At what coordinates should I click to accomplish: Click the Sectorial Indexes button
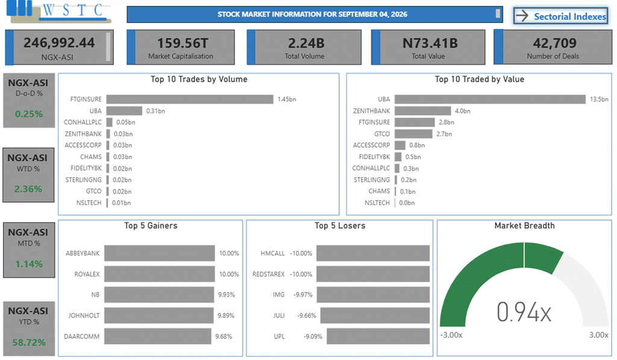point(561,16)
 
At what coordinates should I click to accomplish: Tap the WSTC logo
point(59,12)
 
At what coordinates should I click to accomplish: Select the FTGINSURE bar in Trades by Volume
point(190,99)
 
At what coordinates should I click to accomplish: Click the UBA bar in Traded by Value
point(490,99)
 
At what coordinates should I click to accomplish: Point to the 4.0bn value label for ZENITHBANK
point(463,111)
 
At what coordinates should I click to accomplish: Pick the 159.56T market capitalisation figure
point(183,43)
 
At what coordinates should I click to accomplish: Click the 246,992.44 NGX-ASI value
point(59,43)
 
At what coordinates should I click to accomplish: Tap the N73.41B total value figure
point(430,43)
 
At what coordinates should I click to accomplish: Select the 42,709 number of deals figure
point(555,43)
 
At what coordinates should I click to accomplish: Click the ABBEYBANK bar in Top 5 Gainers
point(159,253)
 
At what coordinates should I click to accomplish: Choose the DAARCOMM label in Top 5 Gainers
point(82,336)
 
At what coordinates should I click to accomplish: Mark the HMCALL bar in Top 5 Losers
point(372,253)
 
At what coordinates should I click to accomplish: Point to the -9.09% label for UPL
point(313,336)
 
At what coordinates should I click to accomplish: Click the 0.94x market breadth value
point(524,312)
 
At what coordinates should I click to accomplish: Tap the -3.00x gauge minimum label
point(451,335)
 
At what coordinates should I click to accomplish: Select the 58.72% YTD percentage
point(29,343)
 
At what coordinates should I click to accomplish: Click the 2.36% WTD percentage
point(28,189)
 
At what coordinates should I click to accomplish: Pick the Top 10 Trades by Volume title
point(199,79)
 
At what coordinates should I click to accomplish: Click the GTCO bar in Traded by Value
point(413,134)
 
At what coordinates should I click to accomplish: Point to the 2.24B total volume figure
point(306,43)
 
